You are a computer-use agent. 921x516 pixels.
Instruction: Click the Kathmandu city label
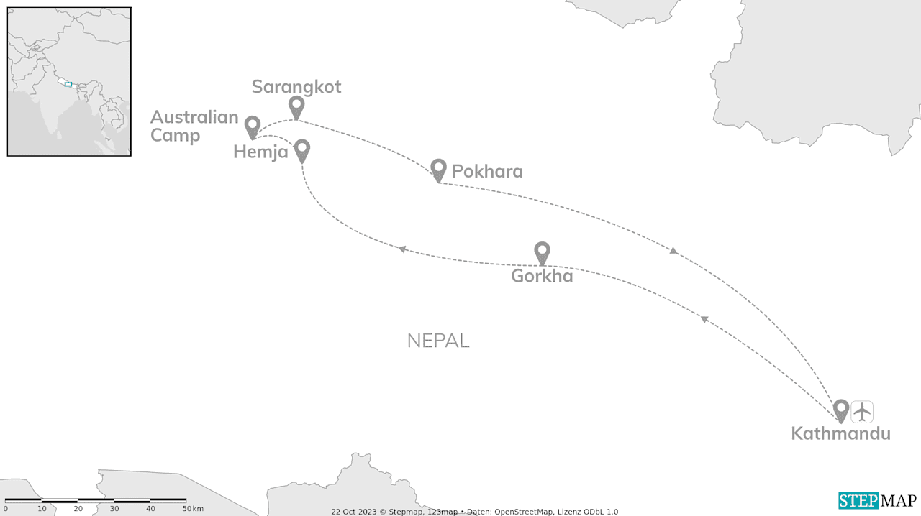tap(840, 433)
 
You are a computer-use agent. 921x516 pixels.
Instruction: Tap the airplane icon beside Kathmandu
tap(862, 412)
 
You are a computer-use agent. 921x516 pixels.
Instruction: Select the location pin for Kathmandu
tap(840, 410)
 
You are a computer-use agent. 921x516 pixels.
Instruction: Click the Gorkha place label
tap(542, 276)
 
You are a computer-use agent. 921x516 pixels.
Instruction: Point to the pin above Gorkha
tap(542, 252)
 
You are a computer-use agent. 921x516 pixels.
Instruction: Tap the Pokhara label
tap(487, 172)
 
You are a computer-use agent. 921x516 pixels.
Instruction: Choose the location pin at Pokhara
tap(438, 169)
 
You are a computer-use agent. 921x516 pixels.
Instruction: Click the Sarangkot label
tap(296, 87)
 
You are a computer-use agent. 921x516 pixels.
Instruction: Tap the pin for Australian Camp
tap(252, 126)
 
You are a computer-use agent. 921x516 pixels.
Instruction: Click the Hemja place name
tap(260, 152)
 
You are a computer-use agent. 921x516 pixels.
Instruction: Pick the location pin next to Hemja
tap(302, 149)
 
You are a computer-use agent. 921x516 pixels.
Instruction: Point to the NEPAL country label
tap(438, 341)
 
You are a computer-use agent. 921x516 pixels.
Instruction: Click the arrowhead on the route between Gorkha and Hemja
tap(402, 249)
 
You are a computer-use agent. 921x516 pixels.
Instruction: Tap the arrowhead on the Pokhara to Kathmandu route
tap(673, 250)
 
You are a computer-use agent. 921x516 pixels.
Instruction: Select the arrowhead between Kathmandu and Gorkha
tap(705, 318)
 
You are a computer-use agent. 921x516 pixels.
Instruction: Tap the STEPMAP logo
tap(877, 500)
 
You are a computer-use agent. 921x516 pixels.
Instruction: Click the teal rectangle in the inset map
tap(68, 84)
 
